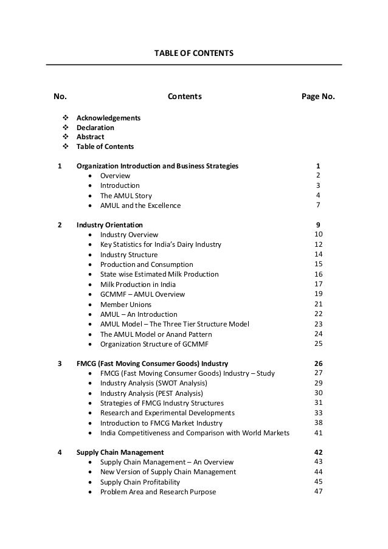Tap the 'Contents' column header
[x=185, y=97]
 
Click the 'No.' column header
[x=60, y=97]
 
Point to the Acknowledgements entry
[x=108, y=117]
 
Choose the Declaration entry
[x=95, y=128]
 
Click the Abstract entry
[x=90, y=137]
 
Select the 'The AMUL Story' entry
[x=126, y=196]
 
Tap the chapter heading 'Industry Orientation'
[x=109, y=225]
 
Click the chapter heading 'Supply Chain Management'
[x=120, y=452]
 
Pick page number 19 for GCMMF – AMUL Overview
[x=318, y=294]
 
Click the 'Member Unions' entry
[x=126, y=304]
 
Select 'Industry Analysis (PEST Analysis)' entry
[x=151, y=393]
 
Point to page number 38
[x=318, y=422]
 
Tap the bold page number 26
[x=318, y=364]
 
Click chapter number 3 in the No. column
[x=60, y=364]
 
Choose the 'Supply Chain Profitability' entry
[x=140, y=482]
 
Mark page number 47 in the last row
[x=318, y=492]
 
